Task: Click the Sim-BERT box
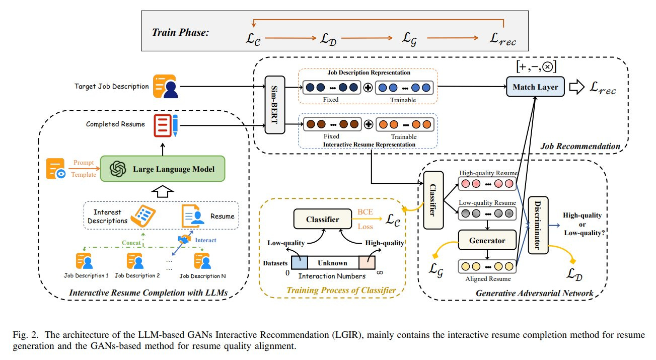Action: (x=275, y=105)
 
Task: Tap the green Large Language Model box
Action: (x=162, y=169)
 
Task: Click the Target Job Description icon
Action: (x=165, y=87)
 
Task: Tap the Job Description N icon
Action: (x=202, y=261)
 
